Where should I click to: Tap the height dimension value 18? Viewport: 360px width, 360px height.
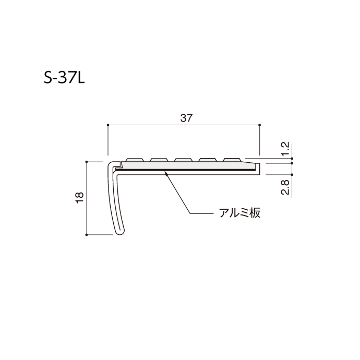click(x=79, y=197)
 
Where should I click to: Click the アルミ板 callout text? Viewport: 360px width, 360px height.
click(x=238, y=213)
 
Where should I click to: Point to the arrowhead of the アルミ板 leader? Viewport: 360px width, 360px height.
click(x=165, y=173)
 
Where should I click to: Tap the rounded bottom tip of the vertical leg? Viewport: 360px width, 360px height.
click(x=120, y=234)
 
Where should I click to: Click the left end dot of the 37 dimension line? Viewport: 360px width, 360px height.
click(x=107, y=125)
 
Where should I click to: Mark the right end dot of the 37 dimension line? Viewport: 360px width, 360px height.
click(x=260, y=125)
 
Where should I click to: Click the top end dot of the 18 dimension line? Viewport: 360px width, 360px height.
click(x=87, y=162)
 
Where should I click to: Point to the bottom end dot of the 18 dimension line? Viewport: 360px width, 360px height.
click(x=87, y=235)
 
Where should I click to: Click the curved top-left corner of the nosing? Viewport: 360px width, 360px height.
click(x=111, y=165)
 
